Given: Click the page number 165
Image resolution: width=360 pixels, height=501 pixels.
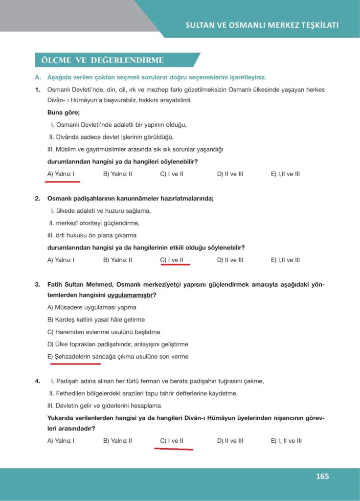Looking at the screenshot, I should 322,476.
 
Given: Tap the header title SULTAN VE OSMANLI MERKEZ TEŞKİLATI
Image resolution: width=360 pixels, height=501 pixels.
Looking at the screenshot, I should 262,25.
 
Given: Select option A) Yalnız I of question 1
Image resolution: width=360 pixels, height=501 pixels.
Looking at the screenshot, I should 61,174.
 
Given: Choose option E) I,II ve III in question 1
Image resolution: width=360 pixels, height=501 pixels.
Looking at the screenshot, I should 285,174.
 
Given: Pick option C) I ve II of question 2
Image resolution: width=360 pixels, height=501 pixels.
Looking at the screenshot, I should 172,260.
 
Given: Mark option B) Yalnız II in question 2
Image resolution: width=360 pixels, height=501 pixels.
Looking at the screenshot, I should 117,260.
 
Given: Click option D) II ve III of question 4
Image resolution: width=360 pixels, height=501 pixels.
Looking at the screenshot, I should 230,440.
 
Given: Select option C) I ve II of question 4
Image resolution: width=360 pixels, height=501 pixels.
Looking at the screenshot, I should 172,440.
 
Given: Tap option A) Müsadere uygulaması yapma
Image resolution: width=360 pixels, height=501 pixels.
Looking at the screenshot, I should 92,307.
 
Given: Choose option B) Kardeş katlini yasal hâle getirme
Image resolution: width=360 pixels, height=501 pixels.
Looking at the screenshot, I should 96,319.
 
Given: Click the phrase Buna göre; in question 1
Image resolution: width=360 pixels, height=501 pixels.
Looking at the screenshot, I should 60,113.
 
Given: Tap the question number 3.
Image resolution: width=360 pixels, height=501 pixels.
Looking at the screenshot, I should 37,284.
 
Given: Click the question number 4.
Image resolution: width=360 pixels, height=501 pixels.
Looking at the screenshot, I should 37,381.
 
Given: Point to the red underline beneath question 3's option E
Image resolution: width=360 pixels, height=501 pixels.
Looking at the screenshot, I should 74,364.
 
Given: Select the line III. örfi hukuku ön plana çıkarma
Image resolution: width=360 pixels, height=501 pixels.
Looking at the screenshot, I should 91,235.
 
